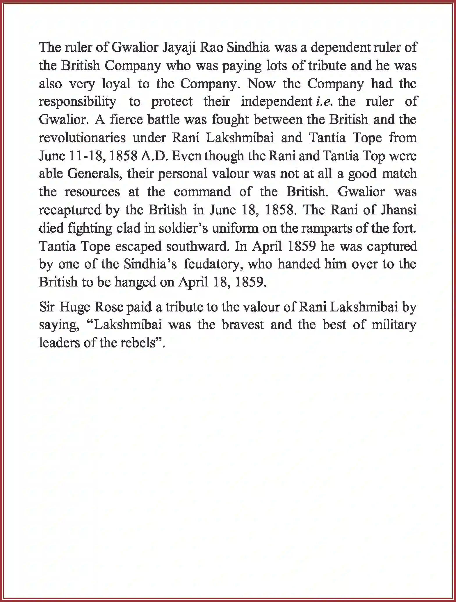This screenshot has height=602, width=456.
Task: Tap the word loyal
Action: (x=116, y=84)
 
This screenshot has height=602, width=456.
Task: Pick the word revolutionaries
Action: (x=82, y=138)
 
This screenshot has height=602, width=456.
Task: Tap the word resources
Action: (x=92, y=192)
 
